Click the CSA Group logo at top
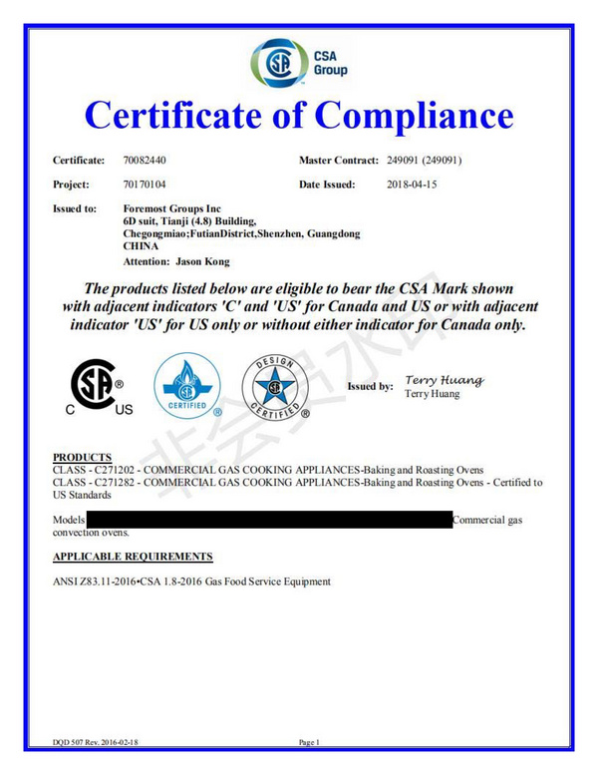point(299,63)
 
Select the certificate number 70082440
point(145,161)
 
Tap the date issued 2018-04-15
point(413,185)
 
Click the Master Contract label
point(338,161)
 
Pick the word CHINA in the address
point(139,243)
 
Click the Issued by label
point(370,386)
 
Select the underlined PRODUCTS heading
point(82,457)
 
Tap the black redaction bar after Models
point(269,520)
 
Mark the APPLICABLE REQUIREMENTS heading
point(132,556)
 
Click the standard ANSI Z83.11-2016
point(101,581)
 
